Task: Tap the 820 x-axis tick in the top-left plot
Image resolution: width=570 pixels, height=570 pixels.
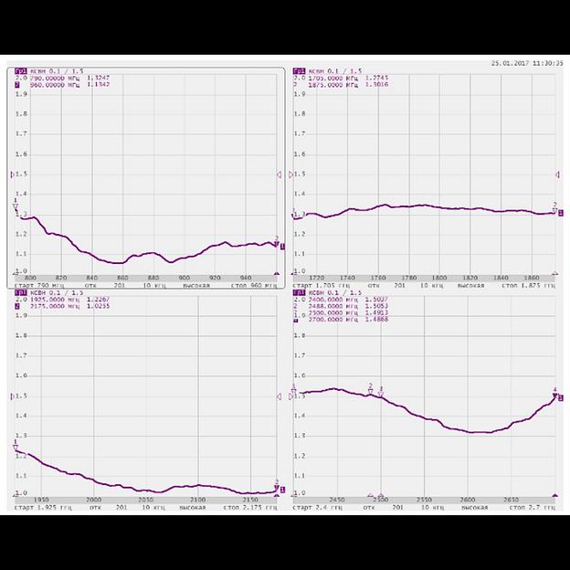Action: tap(61, 278)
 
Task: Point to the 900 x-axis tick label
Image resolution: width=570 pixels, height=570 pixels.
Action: tap(184, 278)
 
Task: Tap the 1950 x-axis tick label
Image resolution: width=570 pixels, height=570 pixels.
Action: tap(41, 500)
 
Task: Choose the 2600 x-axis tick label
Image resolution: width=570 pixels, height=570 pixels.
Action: tap(468, 500)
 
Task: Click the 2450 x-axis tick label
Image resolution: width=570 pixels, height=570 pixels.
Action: tap(336, 500)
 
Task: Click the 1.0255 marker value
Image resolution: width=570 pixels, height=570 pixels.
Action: tap(99, 306)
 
